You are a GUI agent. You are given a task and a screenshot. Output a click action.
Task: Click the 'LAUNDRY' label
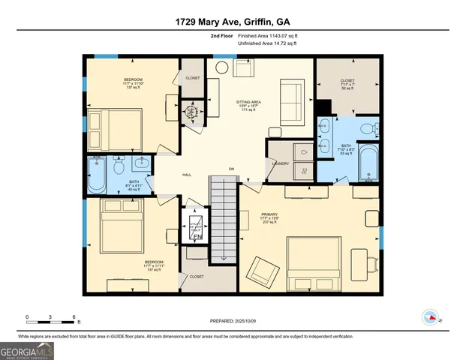281,163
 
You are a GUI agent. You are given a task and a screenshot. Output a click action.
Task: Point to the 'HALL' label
187,175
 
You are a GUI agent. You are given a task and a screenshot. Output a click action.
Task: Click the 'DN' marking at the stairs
232,169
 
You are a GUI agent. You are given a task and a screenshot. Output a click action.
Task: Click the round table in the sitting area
222,67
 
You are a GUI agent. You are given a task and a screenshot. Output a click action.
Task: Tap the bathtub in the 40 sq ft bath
98,175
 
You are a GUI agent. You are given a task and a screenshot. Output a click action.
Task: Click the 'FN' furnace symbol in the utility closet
197,237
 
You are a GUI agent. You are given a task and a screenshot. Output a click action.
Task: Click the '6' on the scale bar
74,316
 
